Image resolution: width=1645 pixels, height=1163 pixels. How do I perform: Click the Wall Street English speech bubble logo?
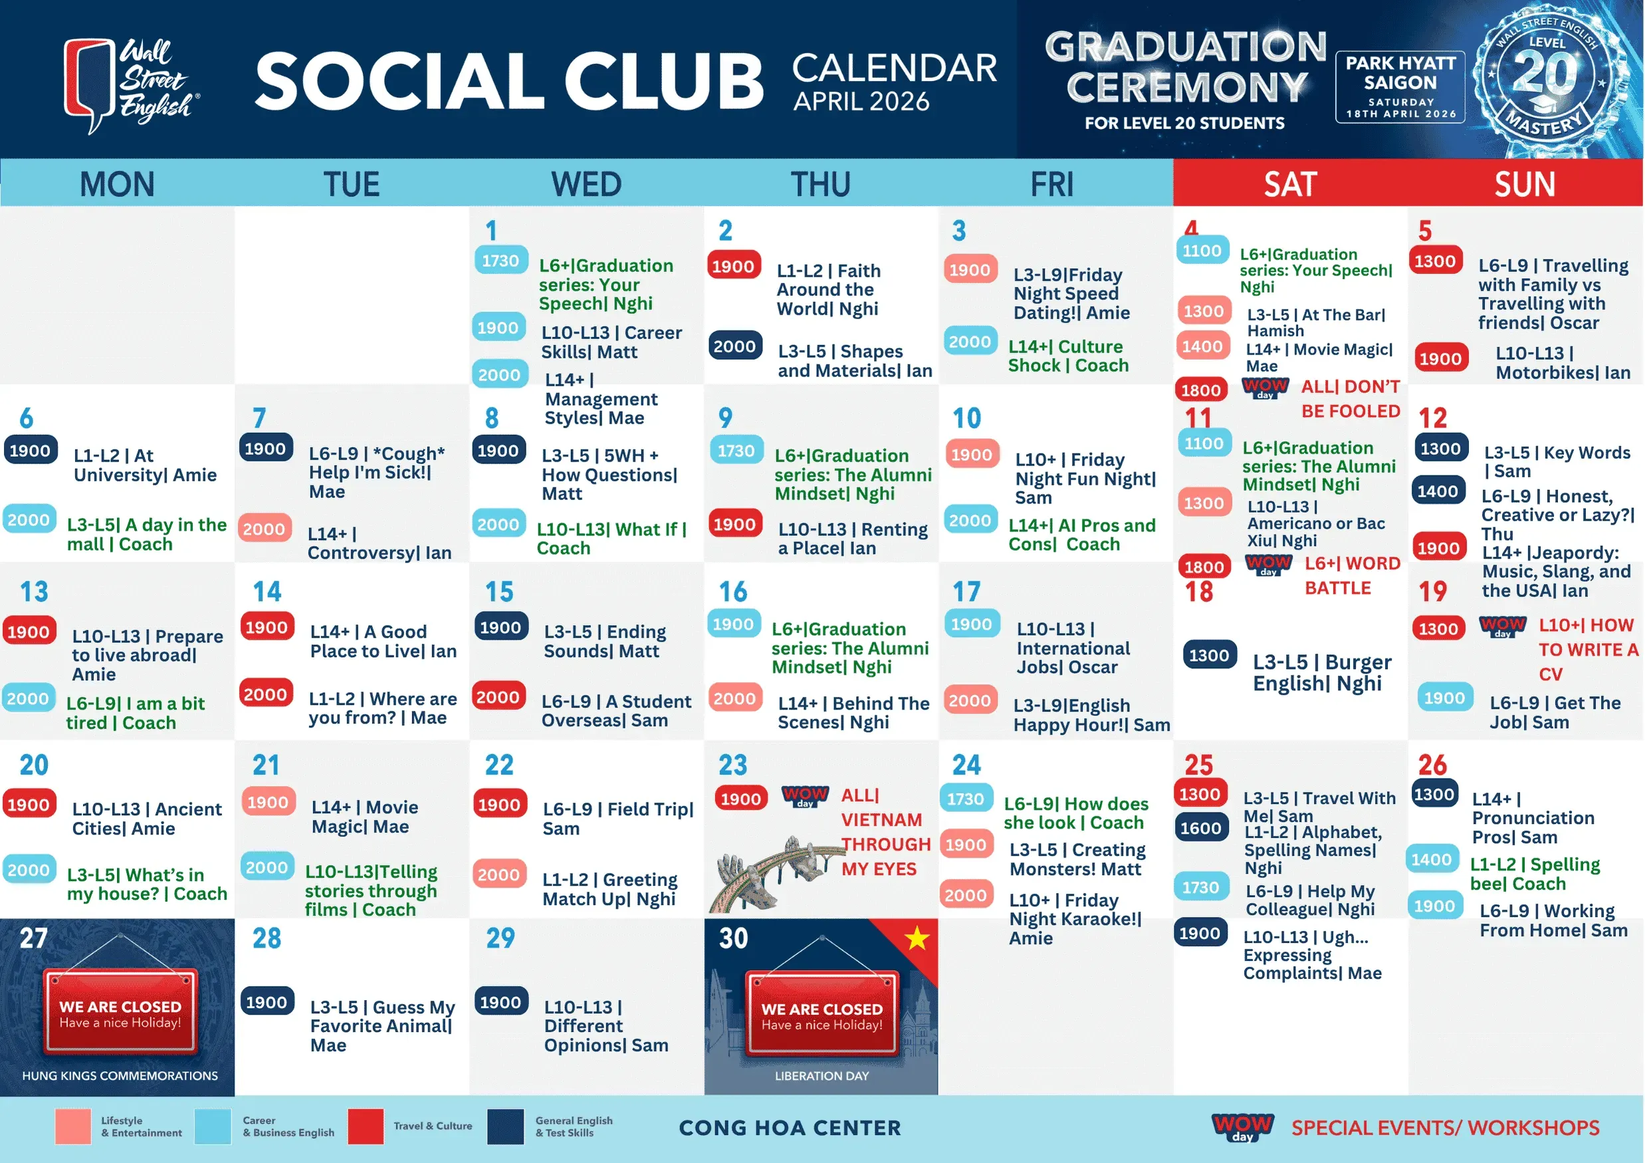tap(90, 84)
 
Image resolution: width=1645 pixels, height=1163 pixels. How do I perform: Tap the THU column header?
tap(821, 184)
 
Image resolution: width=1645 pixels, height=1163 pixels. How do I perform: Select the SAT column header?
tap(1290, 184)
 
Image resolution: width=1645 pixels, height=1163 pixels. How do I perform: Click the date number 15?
tap(499, 592)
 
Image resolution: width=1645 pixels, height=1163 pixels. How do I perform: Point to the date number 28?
tap(267, 938)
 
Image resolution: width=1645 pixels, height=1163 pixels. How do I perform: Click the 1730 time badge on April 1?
tap(500, 260)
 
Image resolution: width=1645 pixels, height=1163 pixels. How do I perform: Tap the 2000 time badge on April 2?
tap(735, 346)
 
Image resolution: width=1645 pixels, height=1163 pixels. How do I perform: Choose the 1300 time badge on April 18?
tap(1210, 655)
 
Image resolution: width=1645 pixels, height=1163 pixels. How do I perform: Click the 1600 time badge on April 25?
tap(1201, 828)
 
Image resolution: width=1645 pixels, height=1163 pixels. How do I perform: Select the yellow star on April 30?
tap(917, 938)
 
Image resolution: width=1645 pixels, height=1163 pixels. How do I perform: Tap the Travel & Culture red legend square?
tap(366, 1126)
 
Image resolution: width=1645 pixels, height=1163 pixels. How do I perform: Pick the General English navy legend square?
tap(506, 1126)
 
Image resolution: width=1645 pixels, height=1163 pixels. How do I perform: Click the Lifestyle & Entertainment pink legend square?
tap(73, 1126)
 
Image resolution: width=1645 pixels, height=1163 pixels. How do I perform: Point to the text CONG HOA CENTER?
tap(790, 1128)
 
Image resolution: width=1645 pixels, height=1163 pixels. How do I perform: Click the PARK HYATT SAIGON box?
tap(1400, 86)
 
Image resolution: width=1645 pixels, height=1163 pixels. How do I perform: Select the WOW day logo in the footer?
tap(1242, 1127)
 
